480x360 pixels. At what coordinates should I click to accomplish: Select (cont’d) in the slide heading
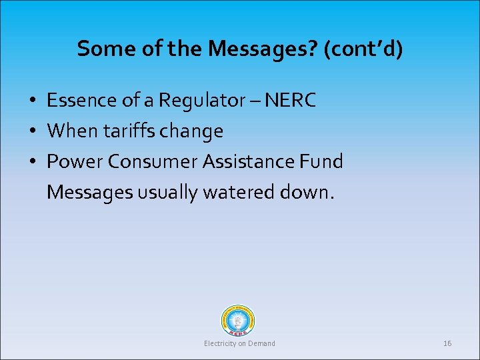[x=363, y=49]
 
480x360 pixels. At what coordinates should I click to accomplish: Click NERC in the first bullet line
[x=290, y=101]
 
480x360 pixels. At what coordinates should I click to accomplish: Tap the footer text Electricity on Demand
[x=239, y=343]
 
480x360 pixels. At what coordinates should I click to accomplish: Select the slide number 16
[x=447, y=343]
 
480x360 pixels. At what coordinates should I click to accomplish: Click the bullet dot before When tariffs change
[x=32, y=132]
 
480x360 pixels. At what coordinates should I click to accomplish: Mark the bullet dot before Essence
[x=32, y=101]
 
